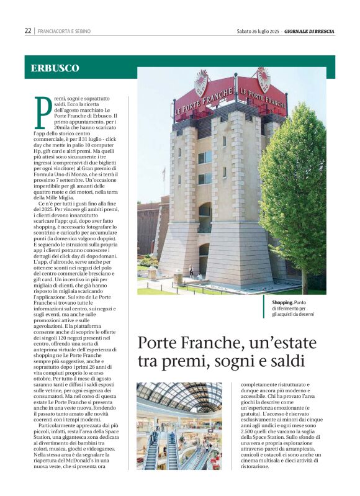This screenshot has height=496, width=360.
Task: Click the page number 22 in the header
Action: coord(28,31)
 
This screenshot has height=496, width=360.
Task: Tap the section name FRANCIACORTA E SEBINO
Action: coord(63,31)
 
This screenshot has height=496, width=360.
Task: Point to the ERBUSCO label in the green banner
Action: coord(55,68)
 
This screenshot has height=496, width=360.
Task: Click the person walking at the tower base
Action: coord(191,272)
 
